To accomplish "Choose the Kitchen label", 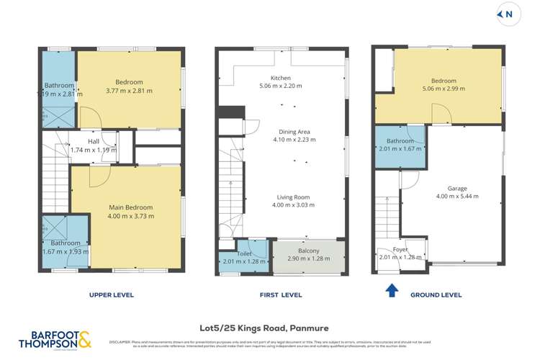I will point(280,78).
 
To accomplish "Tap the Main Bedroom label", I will point(126,208).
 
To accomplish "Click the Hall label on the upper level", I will point(94,142).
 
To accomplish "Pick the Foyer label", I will point(400,251).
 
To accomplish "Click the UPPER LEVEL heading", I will point(111,295).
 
